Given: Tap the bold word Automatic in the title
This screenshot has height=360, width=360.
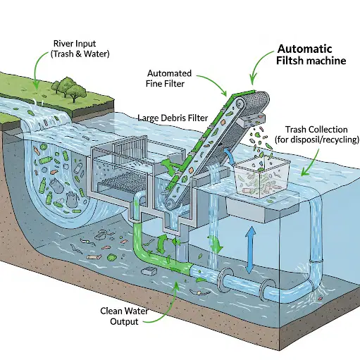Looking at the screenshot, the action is (x=304, y=49).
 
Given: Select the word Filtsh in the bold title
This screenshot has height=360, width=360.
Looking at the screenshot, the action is (x=290, y=61).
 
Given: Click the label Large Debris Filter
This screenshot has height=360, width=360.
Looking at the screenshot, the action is (x=173, y=118).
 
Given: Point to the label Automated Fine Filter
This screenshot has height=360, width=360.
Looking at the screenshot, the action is (x=168, y=78).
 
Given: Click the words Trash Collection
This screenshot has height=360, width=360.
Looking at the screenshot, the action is (x=316, y=130).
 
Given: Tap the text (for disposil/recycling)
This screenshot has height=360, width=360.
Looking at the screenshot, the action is (x=317, y=139).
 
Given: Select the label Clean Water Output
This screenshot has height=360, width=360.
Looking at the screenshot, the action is (x=124, y=316).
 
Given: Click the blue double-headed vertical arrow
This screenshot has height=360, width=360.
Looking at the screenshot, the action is (x=251, y=250).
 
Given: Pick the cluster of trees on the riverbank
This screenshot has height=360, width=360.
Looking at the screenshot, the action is (x=69, y=89).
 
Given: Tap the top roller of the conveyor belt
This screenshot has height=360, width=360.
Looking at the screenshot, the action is (x=240, y=103).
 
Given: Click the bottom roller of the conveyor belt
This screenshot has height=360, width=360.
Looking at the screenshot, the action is (x=170, y=203).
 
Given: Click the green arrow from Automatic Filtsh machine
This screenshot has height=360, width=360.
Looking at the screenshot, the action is (x=259, y=66).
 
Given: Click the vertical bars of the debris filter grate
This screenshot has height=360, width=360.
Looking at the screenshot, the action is (x=130, y=149).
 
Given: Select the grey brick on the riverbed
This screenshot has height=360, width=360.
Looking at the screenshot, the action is (x=149, y=271).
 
